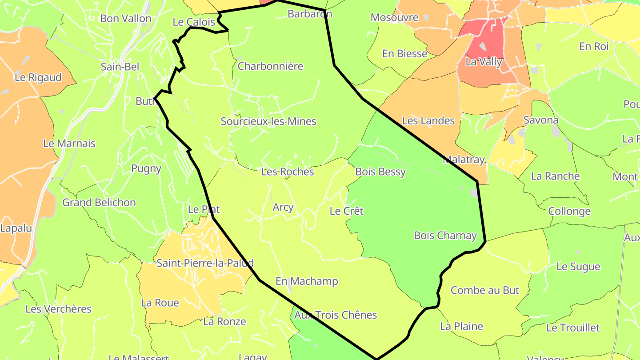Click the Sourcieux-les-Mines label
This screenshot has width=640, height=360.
268,121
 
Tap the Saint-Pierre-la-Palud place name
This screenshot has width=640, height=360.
205,263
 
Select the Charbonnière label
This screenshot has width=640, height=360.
270,66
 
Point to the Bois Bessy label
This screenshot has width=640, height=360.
380,172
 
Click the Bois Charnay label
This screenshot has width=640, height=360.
445,236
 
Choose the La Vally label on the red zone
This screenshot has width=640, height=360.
484,62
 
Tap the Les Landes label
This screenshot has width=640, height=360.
428,120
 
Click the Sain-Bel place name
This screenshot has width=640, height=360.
120,67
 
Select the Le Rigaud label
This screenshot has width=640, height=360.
38,77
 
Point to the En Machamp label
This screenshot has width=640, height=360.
307,281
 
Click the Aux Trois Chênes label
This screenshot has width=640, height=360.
336,315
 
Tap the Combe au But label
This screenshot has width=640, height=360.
485,290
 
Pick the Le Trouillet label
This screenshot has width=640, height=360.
573,328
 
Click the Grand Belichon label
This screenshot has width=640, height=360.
99,203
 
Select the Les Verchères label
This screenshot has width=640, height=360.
58,309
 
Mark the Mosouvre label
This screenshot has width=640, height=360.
395,18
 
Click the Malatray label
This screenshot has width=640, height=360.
464,160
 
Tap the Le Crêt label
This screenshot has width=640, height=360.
347,211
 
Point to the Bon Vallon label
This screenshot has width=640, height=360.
126,19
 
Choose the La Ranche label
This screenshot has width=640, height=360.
555,176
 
